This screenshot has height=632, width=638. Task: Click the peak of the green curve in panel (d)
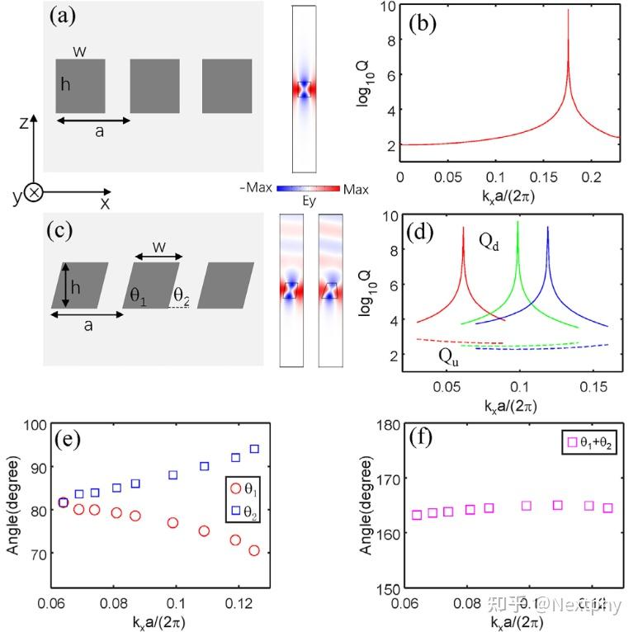click(x=517, y=223)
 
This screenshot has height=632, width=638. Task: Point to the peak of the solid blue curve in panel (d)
click(x=548, y=229)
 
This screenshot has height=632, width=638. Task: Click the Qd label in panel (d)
click(x=489, y=241)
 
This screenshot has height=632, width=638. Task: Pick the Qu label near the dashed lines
click(x=450, y=356)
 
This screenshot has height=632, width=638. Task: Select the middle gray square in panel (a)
click(x=154, y=86)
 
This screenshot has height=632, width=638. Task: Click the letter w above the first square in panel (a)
click(x=79, y=52)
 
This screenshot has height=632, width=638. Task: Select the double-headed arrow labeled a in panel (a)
click(x=93, y=120)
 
